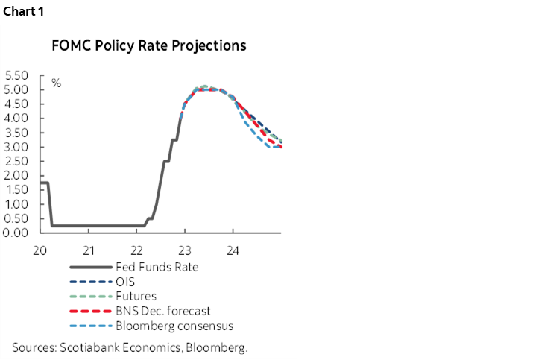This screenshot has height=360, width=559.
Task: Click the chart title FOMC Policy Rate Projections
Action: coord(149,46)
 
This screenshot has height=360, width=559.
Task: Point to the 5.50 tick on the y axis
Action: coord(16,75)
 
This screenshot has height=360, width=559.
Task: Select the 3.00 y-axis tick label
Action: coord(16,147)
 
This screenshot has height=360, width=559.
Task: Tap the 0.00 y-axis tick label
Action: coord(16,233)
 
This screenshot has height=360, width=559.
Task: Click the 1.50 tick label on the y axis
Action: coord(16,189)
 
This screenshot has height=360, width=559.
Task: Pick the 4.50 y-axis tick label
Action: coord(16,104)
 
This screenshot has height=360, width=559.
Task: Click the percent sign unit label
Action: coord(56,83)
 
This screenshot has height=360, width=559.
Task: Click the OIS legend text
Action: coord(125,282)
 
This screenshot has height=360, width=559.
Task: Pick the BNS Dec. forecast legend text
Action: coord(162,311)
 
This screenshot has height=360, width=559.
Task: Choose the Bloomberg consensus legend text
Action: coord(174,326)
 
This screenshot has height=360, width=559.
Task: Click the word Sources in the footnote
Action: coord(34,347)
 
